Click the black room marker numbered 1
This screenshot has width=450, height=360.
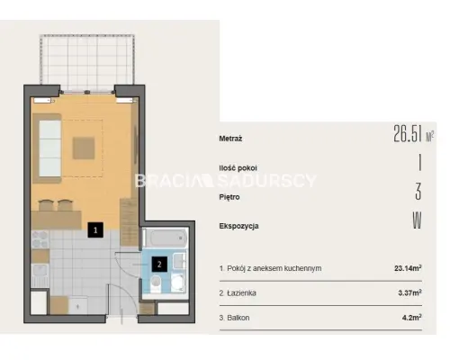[95, 230]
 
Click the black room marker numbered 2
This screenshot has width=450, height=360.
[159, 265]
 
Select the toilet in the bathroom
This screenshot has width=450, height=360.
[156, 284]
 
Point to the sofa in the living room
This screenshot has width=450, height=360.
[48, 148]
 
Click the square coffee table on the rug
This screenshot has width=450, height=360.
[84, 148]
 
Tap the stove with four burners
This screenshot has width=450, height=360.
[40, 239]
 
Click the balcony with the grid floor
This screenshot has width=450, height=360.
[87, 62]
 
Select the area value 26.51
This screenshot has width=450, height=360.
[408, 133]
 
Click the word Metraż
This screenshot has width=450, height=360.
[230, 139]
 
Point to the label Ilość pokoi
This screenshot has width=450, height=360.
[238, 168]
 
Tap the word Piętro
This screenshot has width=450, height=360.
[229, 197]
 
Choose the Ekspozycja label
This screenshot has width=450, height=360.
[238, 226]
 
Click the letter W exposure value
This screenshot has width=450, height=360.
[417, 220]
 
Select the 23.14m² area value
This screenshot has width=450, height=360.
[408, 267]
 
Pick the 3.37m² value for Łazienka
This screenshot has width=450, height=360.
[409, 292]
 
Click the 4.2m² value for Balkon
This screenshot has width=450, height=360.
[412, 317]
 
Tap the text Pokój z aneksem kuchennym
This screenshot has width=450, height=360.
[274, 268]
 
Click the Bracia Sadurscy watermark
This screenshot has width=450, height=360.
[226, 181]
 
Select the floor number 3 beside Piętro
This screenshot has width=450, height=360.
[418, 192]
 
